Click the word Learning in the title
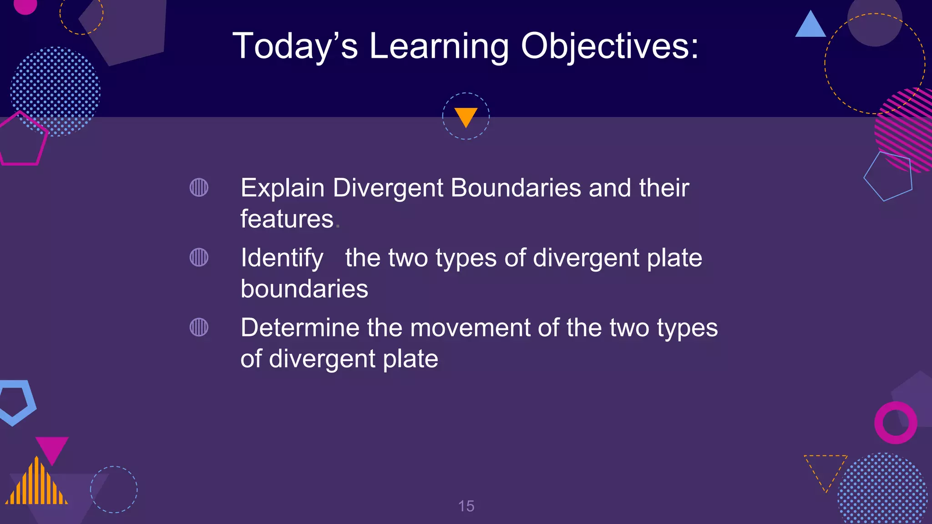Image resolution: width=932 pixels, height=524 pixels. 439,46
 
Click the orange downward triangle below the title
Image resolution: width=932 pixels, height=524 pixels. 466,116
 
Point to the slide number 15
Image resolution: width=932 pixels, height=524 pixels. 466,506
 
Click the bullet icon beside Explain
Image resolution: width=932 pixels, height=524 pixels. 199,187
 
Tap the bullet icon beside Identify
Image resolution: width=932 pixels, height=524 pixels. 199,257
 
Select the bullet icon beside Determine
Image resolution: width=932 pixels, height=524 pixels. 199,327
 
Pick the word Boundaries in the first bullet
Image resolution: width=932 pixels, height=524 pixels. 516,188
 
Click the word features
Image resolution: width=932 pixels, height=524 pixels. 287,219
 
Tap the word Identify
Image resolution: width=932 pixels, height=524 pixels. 282,258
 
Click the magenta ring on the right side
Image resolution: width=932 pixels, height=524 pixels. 896,423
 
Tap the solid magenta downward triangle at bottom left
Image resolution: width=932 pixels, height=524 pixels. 52,448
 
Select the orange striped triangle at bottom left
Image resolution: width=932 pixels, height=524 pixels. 36,484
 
